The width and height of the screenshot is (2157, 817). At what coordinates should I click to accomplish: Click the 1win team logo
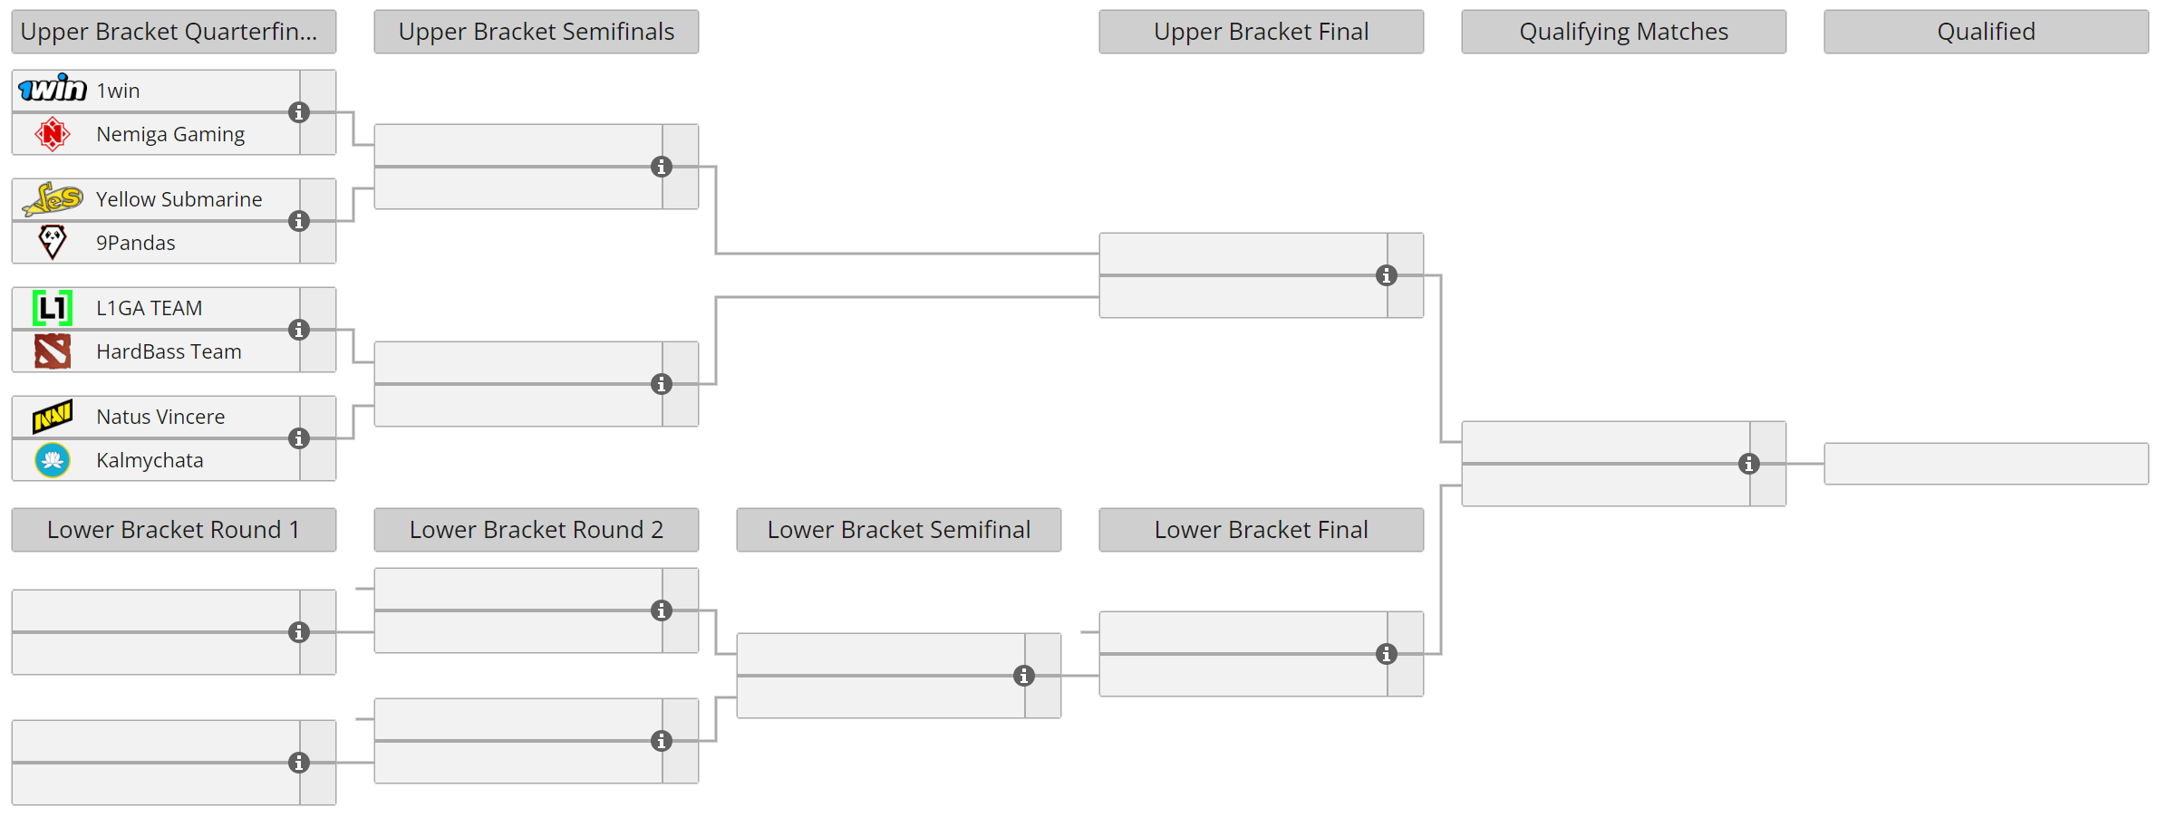point(53,89)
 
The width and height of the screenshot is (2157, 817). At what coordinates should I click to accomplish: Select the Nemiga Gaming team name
point(170,134)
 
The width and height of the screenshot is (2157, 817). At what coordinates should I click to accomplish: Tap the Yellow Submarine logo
point(53,198)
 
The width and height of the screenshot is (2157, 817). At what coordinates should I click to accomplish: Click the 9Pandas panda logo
point(53,242)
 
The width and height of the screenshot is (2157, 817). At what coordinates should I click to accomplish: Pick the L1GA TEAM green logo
point(53,308)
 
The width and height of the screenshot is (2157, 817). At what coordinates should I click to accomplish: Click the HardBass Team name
point(169,351)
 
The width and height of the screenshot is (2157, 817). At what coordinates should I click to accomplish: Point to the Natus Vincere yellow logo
point(53,417)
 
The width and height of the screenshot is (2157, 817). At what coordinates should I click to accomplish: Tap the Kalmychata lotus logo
point(53,460)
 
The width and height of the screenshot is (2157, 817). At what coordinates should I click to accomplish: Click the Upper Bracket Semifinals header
point(536,32)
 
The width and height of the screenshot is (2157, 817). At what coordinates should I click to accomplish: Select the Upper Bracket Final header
point(1261,32)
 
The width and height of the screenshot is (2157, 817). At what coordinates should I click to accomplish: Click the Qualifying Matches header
point(1623,32)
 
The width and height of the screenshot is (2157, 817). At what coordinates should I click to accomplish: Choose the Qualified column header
point(1986,32)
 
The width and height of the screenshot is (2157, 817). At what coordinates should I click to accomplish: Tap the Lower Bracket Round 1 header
point(173,530)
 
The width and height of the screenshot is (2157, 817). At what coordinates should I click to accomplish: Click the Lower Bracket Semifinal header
point(898,530)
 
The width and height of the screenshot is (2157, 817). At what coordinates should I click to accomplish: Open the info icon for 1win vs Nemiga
point(299,112)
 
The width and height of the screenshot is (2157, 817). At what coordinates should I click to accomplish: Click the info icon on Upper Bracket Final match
point(1387,275)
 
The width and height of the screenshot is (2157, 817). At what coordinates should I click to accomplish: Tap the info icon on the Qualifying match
point(1749,464)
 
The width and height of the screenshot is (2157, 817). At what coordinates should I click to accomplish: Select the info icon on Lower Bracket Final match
point(1387,654)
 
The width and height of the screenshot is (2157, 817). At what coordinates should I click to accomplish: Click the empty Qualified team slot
point(1986,464)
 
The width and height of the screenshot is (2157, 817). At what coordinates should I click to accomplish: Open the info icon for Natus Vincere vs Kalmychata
point(299,438)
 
